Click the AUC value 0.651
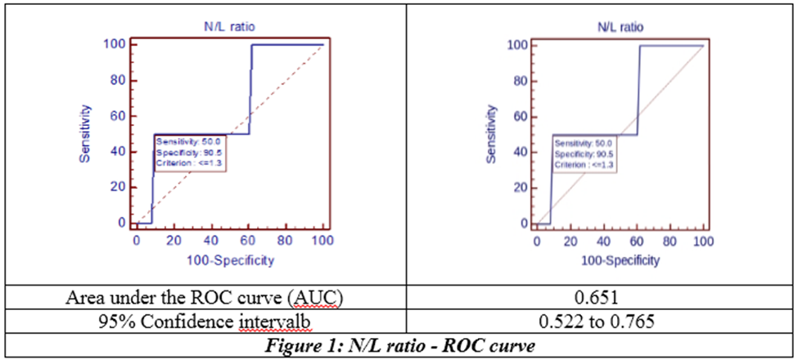pos(602,299)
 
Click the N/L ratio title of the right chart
pos(620,28)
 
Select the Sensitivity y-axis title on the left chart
pos(85,133)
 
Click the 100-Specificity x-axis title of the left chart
pos(230,260)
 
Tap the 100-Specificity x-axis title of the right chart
pos(620,261)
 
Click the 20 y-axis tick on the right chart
pos(521,187)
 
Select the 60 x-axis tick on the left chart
pos(248,240)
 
